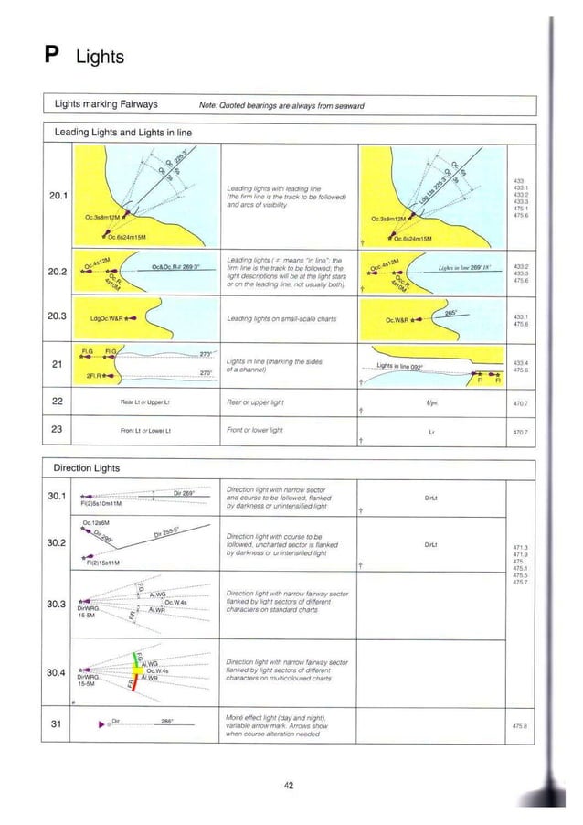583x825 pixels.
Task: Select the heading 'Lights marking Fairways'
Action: (106, 104)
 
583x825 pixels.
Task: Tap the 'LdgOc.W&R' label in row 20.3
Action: (107, 318)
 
